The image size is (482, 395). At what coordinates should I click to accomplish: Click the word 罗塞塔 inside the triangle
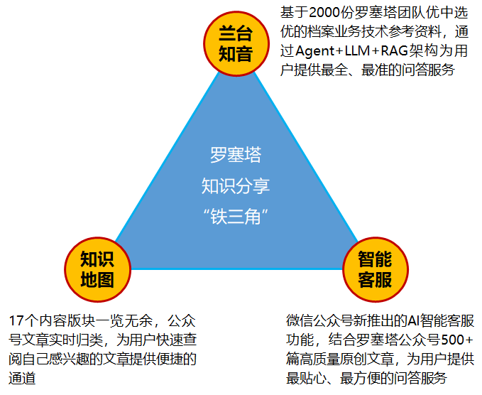pyautogui.click(x=236, y=154)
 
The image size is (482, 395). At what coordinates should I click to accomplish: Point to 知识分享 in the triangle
pyautogui.click(x=236, y=186)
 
